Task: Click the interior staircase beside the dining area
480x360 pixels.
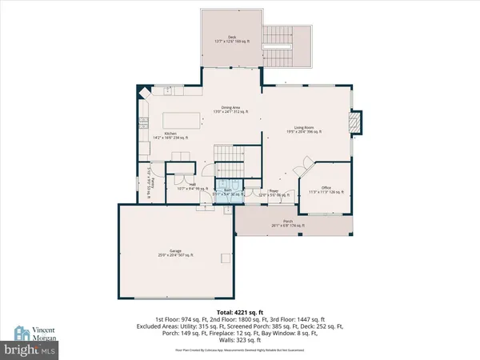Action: pos(229,154)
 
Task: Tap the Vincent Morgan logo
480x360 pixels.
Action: pos(34,333)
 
